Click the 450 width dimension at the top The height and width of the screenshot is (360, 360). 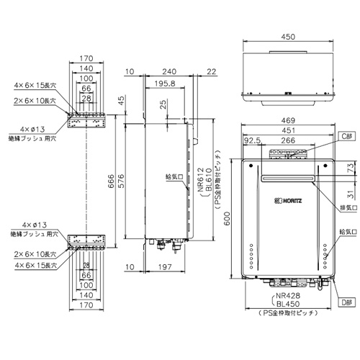(x=288, y=37)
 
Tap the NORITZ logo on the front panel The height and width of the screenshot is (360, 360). (x=288, y=200)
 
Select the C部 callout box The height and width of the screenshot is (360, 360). (x=347, y=136)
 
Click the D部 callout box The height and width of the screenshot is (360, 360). (x=346, y=302)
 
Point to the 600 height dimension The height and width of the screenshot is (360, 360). (x=227, y=218)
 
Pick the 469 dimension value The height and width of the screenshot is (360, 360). (x=288, y=120)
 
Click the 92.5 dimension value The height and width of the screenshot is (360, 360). (x=252, y=140)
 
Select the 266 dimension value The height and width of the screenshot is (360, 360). (x=288, y=140)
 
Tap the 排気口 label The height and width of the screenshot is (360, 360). (x=348, y=208)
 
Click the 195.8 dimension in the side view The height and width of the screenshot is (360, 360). (x=165, y=84)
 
